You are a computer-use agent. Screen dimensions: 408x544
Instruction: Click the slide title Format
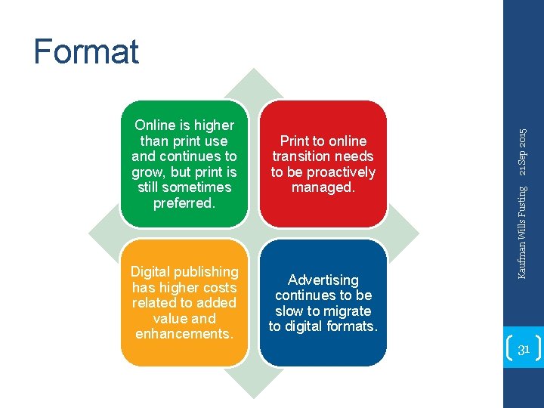tap(86, 51)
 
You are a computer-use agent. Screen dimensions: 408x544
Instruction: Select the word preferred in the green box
tap(184, 202)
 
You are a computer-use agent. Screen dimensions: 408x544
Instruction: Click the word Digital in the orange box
tap(153, 272)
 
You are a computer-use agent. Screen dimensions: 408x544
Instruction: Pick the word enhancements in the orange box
tap(184, 334)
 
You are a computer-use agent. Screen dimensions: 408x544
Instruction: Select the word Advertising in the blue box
tap(323, 280)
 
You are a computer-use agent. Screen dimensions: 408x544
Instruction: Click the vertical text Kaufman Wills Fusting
tap(523, 230)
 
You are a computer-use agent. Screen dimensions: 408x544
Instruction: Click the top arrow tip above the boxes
tap(254, 75)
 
